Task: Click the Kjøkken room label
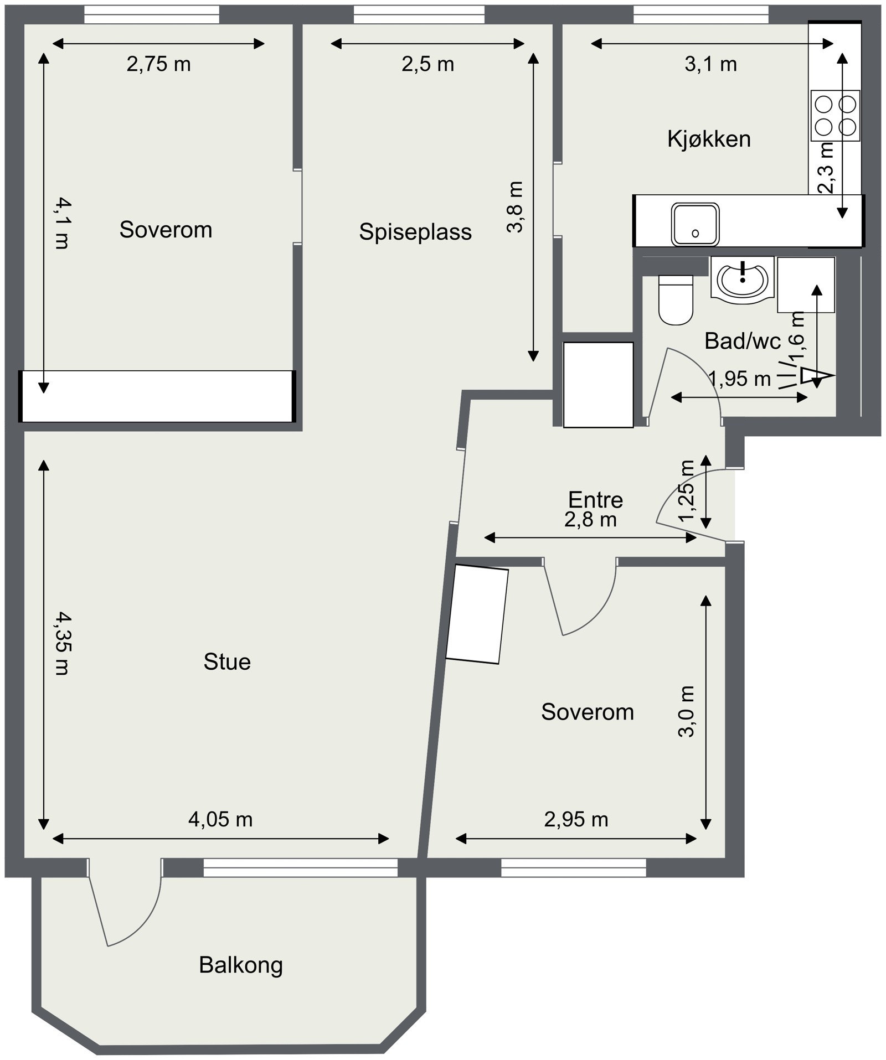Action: click(x=709, y=139)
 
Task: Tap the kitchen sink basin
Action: click(x=696, y=224)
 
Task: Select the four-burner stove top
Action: click(x=836, y=115)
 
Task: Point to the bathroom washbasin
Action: click(x=742, y=280)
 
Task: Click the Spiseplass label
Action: click(x=415, y=231)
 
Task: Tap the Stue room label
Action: click(x=227, y=661)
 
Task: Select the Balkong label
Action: click(x=240, y=965)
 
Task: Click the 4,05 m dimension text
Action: click(x=220, y=819)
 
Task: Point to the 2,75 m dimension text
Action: click(x=158, y=64)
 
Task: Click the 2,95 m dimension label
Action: click(x=576, y=819)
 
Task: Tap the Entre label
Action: click(x=595, y=500)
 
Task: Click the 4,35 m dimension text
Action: click(x=61, y=644)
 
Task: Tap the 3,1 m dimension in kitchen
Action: click(x=710, y=64)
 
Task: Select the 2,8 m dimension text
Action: click(x=590, y=520)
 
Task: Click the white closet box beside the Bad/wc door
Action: click(x=598, y=385)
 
